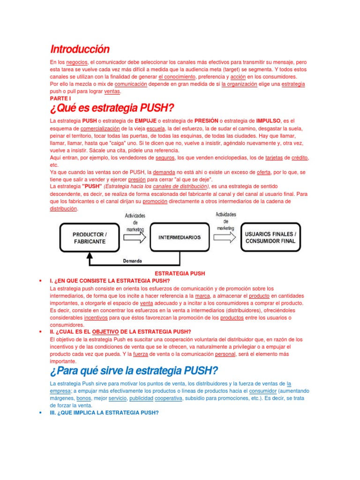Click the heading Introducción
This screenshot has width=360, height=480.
(79, 49)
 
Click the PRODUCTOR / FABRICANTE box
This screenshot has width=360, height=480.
(89, 238)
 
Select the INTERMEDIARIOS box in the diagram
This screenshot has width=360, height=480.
(180, 237)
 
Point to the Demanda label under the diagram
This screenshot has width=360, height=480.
(133, 261)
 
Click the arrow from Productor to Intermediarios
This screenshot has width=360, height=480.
(134, 238)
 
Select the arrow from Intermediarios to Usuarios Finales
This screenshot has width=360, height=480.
(225, 238)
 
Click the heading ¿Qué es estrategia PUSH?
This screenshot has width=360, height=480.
(112, 108)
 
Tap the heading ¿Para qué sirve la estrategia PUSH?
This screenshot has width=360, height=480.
(134, 371)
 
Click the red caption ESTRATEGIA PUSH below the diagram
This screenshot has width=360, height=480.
(180, 273)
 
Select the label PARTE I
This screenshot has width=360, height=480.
(60, 99)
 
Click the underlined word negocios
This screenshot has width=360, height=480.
(77, 62)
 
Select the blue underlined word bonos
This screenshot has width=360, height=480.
(83, 398)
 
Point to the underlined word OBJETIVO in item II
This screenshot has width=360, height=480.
(108, 331)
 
